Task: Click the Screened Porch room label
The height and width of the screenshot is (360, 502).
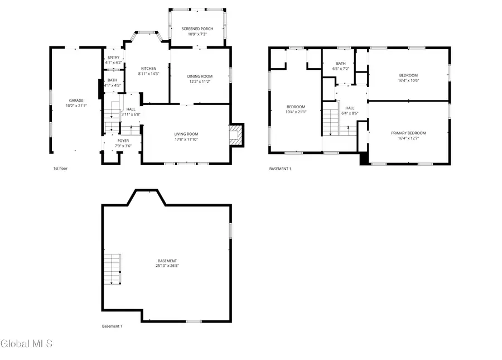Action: (197, 29)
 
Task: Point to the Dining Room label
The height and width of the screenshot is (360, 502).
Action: (199, 76)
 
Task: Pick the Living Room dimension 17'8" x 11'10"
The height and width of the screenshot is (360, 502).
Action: (186, 139)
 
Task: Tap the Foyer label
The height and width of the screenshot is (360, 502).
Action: (123, 141)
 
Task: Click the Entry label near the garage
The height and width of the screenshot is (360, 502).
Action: (114, 57)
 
